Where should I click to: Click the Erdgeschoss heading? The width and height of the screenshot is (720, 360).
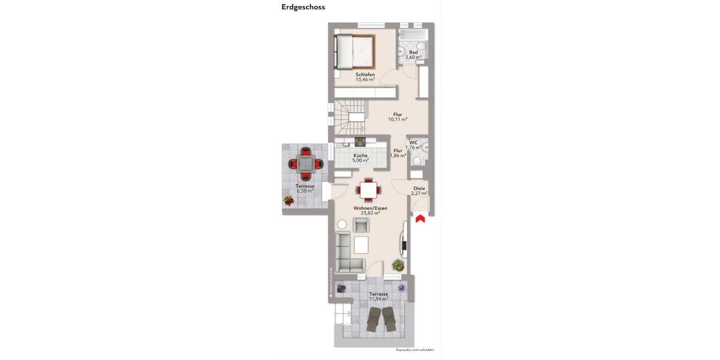303,7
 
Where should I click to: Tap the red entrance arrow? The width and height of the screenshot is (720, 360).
420,218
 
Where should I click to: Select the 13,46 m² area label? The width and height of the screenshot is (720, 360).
365,79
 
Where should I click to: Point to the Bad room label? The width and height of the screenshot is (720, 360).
413,52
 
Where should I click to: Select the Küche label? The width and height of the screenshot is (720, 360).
360,155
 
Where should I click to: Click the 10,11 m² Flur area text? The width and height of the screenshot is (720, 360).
397,119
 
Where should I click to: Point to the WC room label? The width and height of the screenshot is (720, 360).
413,142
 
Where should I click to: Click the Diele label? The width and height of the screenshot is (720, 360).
419,188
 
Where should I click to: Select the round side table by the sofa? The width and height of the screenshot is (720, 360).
342,224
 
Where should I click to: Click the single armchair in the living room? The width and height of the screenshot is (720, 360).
361,225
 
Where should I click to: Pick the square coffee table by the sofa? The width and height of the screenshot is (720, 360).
361,245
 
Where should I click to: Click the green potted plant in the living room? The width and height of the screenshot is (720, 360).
397,265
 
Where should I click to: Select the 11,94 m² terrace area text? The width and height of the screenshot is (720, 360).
378,299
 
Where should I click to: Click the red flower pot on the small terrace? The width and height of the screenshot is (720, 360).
289,200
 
